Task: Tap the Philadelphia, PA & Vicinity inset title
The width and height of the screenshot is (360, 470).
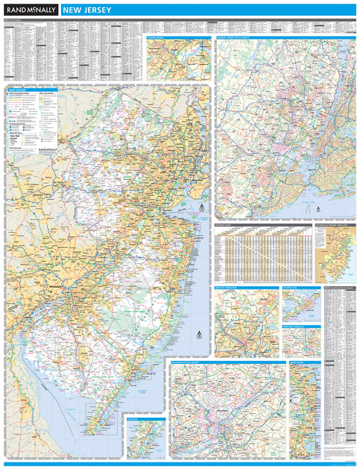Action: pyautogui.click(x=195, y=363)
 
